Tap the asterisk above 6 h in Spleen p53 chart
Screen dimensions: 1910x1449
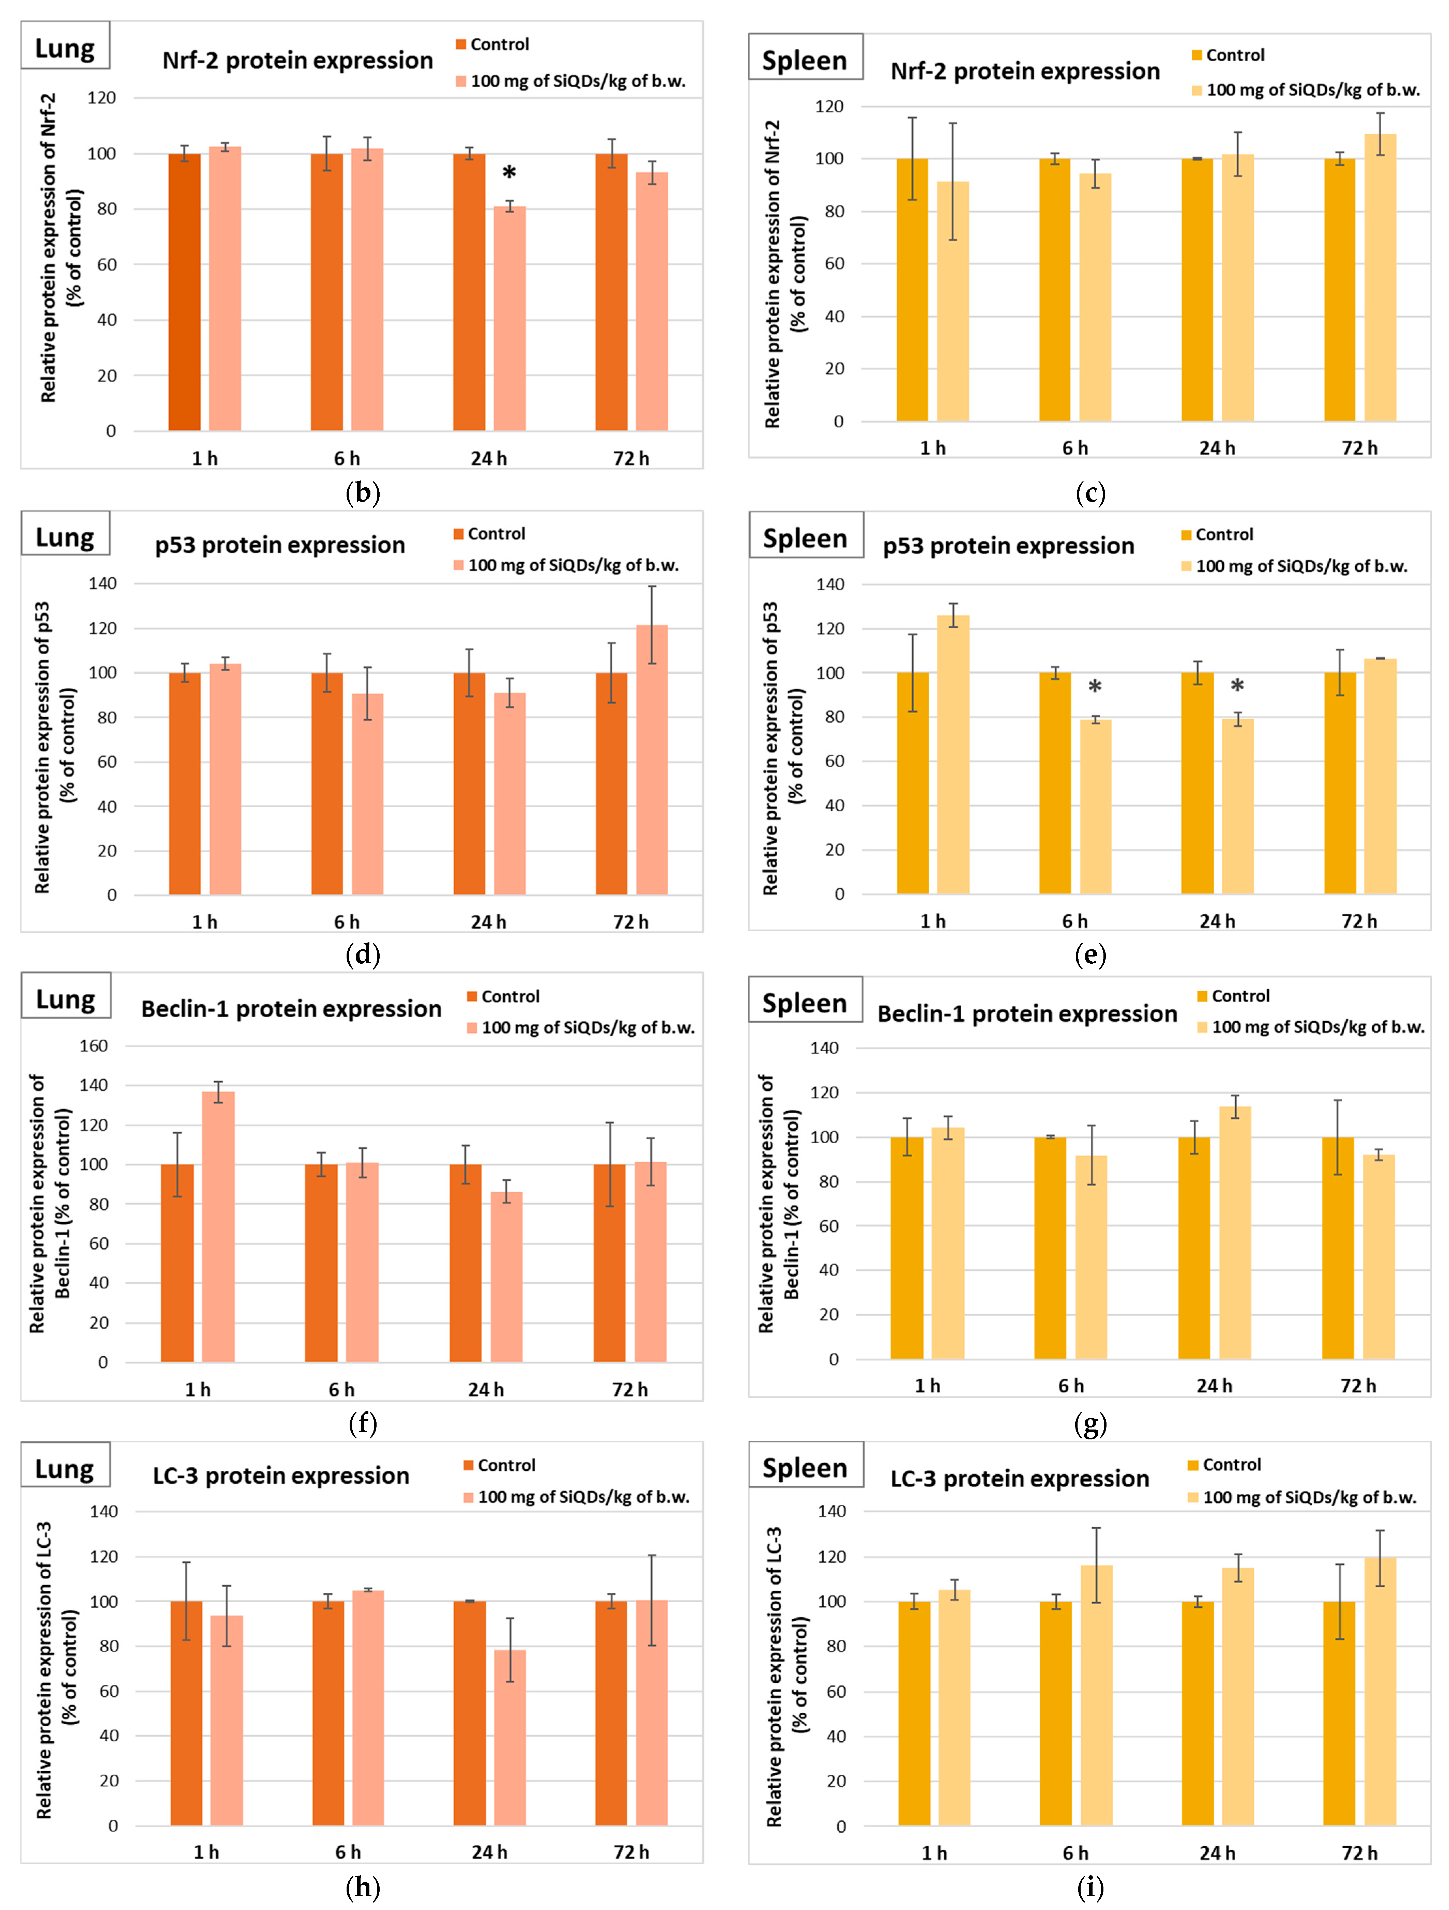(x=1095, y=687)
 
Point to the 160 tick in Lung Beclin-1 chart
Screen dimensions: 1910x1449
(x=93, y=1046)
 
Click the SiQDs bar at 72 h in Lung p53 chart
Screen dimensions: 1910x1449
(x=652, y=760)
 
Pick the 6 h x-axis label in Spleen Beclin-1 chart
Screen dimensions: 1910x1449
(x=1071, y=1386)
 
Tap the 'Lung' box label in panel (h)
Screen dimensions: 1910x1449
(x=65, y=1469)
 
